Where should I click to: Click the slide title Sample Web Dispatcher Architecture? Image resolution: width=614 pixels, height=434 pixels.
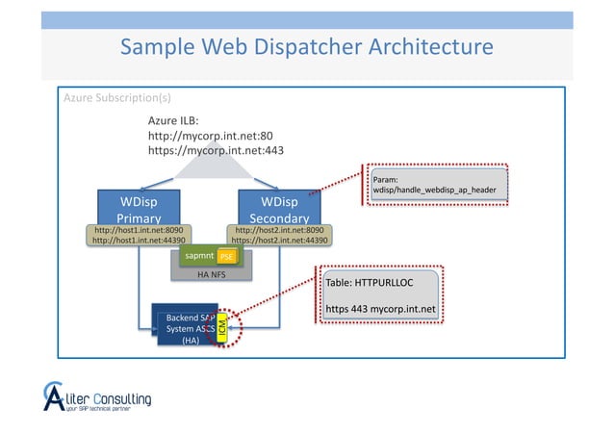306,47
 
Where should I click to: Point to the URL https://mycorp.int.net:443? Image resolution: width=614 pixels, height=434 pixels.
215,150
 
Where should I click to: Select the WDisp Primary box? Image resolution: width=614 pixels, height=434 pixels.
139,206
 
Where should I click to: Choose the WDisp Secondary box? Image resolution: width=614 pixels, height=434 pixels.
279,206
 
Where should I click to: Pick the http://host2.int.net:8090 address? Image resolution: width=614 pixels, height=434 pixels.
279,230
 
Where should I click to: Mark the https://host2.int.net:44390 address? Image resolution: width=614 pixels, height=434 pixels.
279,241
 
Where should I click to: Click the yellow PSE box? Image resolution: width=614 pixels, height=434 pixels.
227,257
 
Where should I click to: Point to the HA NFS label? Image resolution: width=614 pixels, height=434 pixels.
210,274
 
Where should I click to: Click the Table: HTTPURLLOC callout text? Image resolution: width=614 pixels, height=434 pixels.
368,284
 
